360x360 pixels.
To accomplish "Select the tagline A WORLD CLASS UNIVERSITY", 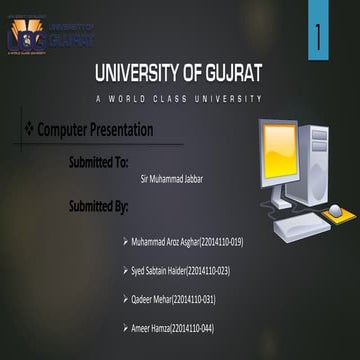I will (x=180, y=98).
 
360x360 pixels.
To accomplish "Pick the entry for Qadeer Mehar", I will (x=173, y=299).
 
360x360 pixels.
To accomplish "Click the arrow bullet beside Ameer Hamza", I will (x=123, y=328).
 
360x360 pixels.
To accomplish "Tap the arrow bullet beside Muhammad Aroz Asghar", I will (x=123, y=242).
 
